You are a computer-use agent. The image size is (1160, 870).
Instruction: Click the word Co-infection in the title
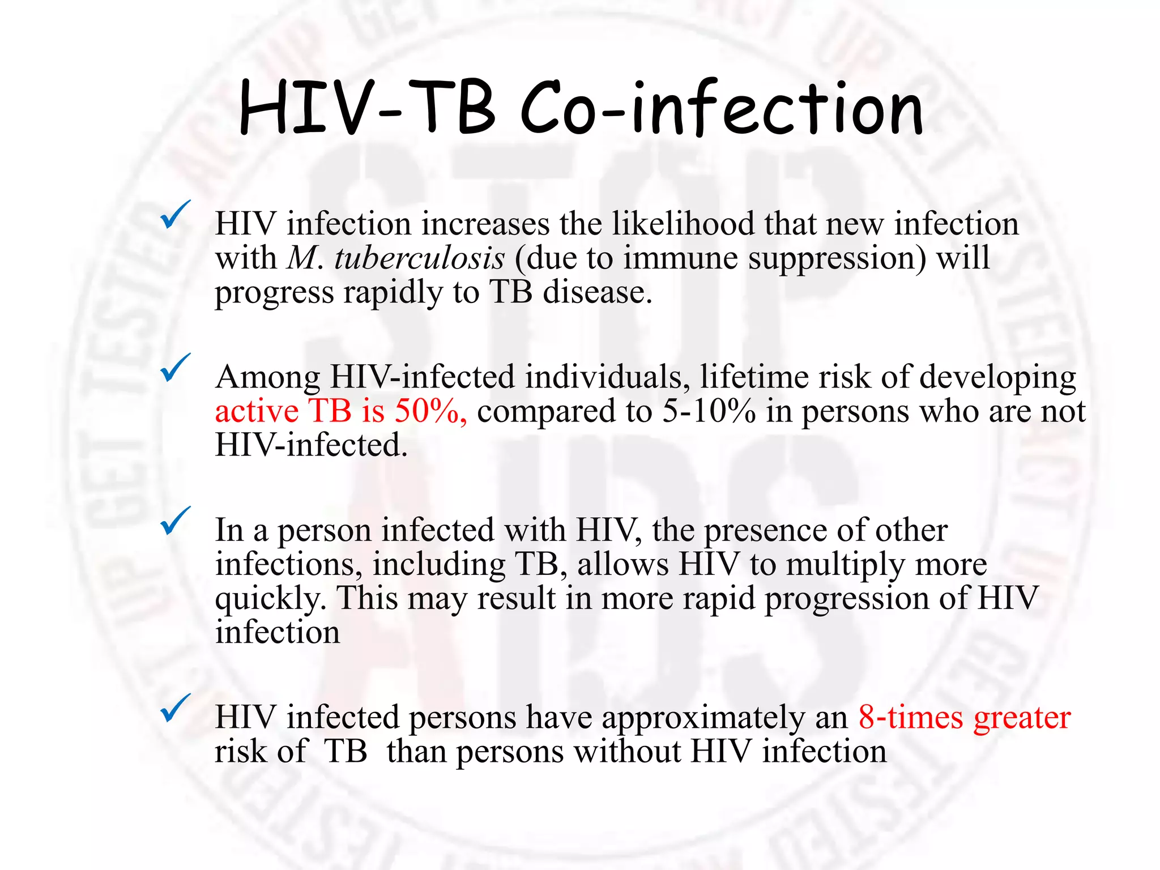tap(722, 109)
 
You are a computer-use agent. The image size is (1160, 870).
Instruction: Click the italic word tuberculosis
tap(419, 258)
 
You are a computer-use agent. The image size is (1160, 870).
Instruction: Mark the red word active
tap(257, 411)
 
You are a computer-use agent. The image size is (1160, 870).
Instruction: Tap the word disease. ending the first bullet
tap(598, 292)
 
